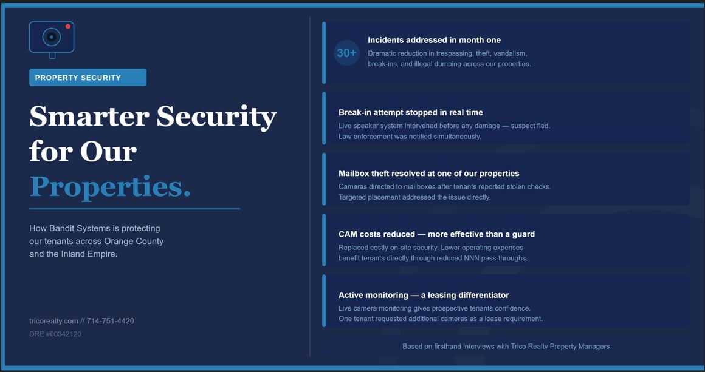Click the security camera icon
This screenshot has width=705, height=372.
[x=52, y=39]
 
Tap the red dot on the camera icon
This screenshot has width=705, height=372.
[x=68, y=27]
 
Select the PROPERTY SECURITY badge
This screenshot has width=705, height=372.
[x=88, y=78]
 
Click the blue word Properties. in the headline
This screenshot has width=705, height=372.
[x=110, y=187]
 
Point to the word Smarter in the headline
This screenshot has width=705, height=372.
[x=89, y=117]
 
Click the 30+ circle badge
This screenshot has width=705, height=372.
[x=346, y=53]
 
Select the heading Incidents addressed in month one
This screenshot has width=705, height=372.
[x=434, y=41]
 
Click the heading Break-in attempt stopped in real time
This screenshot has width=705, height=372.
[x=410, y=113]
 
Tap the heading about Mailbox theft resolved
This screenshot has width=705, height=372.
[x=428, y=174]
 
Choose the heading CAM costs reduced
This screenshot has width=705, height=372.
[x=436, y=234]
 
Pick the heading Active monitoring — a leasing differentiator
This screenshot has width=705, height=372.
[x=424, y=296]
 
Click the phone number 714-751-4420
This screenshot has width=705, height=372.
[x=110, y=321]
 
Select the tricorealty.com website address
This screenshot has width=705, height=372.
[x=53, y=321]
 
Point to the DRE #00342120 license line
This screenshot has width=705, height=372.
[x=55, y=334]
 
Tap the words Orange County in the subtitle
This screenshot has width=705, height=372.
[x=134, y=242]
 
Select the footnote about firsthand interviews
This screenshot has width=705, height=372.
[x=506, y=347]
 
